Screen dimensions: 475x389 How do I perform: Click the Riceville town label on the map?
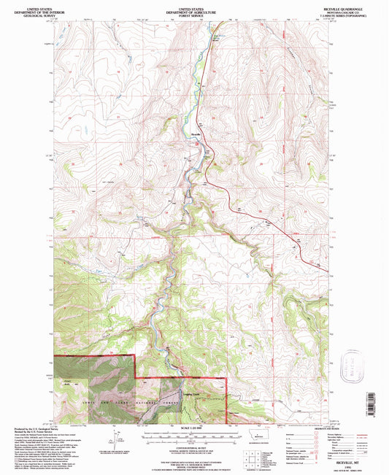(195, 136)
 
